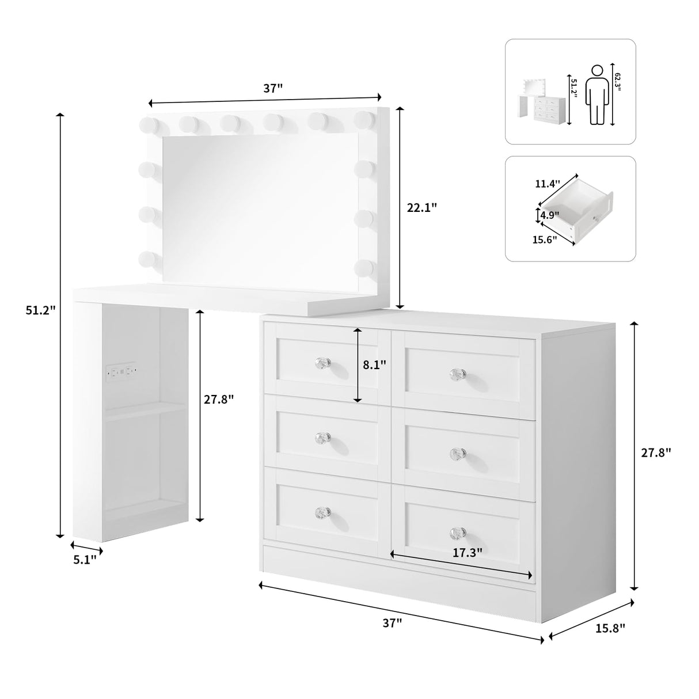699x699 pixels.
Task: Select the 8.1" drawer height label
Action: point(374,364)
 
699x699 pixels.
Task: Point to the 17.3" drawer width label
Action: point(467,553)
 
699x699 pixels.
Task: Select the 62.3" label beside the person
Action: point(618,76)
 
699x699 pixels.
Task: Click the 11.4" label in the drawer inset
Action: point(547,184)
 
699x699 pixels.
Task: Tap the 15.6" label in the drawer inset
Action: point(545,240)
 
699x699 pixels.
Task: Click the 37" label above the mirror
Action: point(273,88)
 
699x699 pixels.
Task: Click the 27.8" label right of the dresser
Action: point(656,453)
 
